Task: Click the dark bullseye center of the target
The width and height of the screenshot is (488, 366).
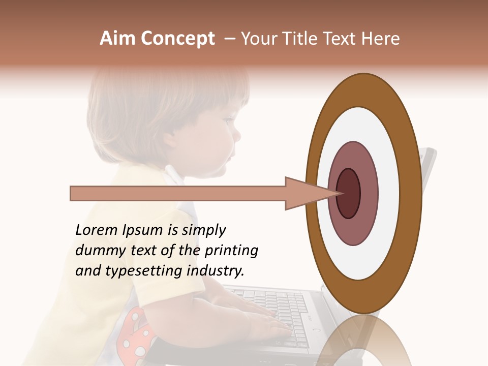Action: tap(349, 193)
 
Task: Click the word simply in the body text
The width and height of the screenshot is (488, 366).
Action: tap(203, 230)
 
